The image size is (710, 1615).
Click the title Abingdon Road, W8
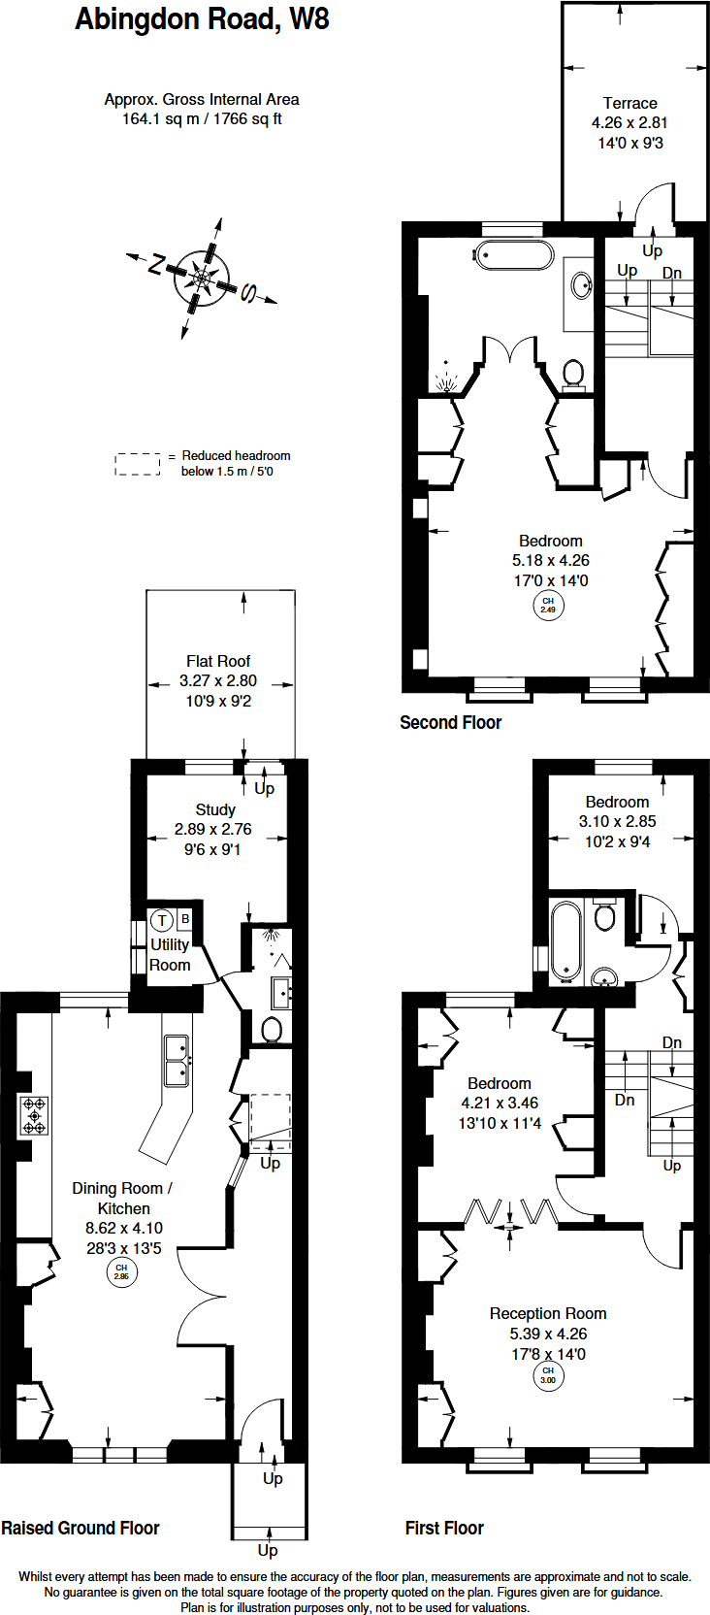(x=202, y=19)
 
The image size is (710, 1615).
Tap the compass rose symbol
(x=201, y=279)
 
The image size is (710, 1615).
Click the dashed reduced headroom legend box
(x=138, y=464)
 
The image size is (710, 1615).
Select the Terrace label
(x=629, y=103)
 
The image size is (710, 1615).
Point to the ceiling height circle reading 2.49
(x=548, y=606)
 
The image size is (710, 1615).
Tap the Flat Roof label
(x=218, y=661)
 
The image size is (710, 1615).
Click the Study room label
(x=214, y=809)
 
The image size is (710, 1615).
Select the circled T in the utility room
(x=161, y=920)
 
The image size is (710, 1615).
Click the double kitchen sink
(x=177, y=1061)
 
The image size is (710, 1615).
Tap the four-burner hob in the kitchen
(x=34, y=1115)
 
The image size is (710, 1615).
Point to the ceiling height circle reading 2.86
(x=121, y=1271)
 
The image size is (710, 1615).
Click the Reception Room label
(x=548, y=1313)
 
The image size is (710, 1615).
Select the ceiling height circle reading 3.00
(x=548, y=1375)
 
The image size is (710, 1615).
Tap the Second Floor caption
(x=450, y=722)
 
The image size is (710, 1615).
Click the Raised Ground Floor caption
(x=81, y=1528)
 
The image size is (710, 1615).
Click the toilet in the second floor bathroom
(x=573, y=373)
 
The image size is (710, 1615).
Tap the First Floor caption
(x=444, y=1528)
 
